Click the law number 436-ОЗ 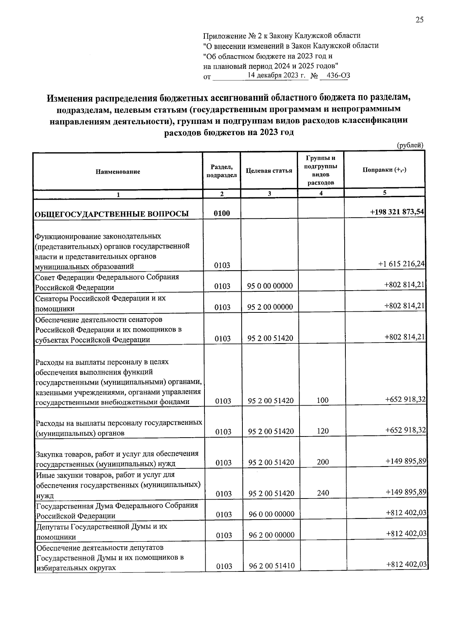pos(338,76)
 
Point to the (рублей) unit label pos(410,145)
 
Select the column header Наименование pos(118,171)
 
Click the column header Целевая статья pos(269,171)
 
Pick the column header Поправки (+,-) pos(384,170)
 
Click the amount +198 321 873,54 pos(397,212)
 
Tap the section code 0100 pos(222,214)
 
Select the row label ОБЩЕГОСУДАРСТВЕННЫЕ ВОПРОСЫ pos(112,214)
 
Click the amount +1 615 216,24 pos(401,264)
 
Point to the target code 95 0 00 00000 pos(270,286)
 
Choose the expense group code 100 pos(322,400)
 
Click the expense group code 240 pos(323,493)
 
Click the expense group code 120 pos(322,431)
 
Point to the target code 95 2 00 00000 pos(270,307)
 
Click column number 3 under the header pos(269,194)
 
